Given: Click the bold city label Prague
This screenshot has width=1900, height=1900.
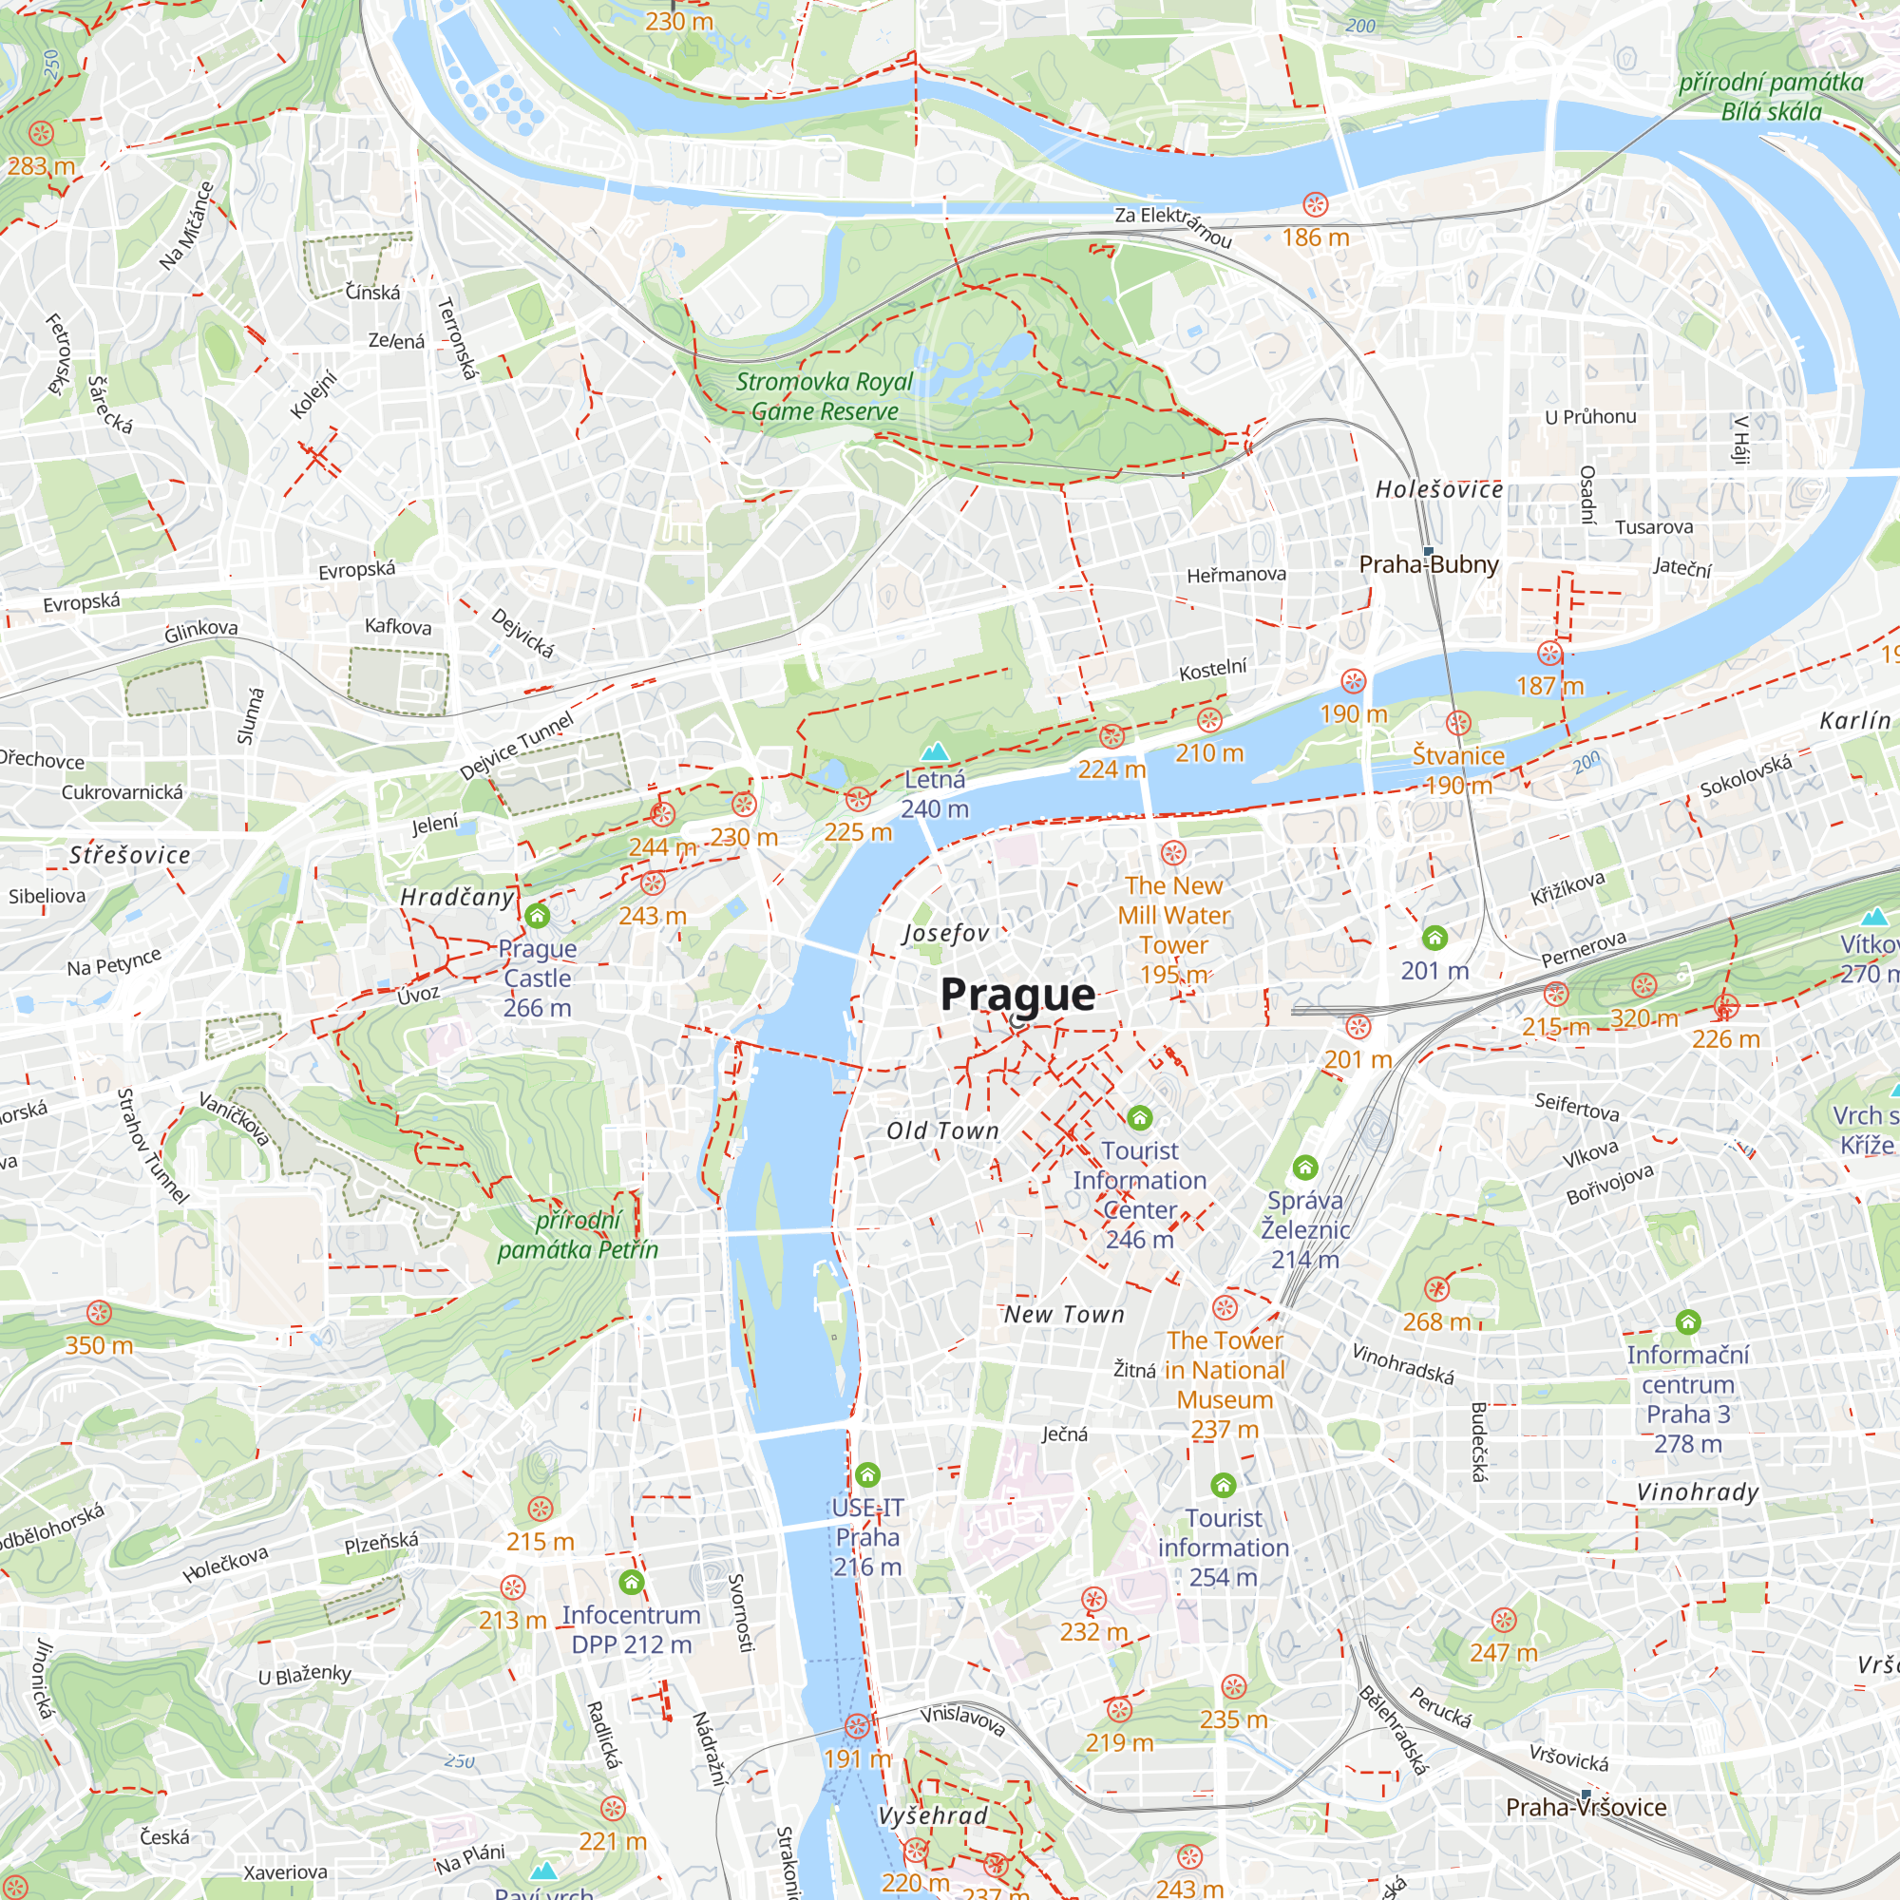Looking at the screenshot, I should [1016, 995].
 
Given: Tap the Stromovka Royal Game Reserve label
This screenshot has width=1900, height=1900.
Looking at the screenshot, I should [824, 396].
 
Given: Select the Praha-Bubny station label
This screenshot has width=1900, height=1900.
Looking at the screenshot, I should [1428, 564].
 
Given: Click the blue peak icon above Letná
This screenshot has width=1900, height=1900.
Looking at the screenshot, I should [934, 752].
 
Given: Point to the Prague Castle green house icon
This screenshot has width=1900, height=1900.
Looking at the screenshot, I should [537, 916].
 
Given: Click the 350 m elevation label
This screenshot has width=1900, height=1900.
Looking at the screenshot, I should [99, 1345].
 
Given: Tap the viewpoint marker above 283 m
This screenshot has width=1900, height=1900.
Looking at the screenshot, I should [40, 133].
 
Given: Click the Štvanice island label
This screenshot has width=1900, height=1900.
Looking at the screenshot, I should [1457, 755].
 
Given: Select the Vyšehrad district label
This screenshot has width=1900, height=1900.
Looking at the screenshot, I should [932, 1815].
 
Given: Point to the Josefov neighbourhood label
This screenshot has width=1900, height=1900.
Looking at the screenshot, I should [946, 932].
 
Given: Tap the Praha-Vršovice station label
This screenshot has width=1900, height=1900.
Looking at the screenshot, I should [1586, 1807].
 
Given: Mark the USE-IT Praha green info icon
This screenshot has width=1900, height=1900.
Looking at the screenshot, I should [867, 1474].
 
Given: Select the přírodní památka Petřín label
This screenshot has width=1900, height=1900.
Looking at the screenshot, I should [578, 1235].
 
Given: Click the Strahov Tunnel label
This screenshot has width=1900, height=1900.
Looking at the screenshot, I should [151, 1146].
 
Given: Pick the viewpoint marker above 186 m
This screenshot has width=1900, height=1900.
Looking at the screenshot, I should [1315, 204].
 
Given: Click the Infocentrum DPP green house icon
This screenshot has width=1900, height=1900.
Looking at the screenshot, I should [632, 1583].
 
